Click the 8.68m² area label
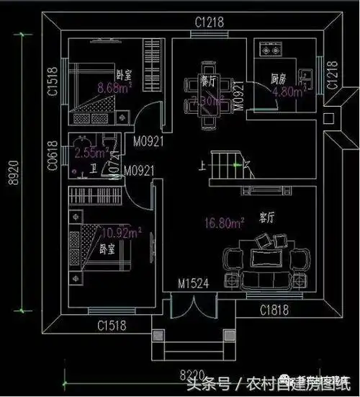tap(113, 88)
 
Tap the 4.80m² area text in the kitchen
tap(293, 92)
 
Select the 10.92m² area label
tap(121, 233)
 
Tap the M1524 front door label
tap(193, 284)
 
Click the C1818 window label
tap(274, 311)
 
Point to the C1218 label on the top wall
tap(209, 22)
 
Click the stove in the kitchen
tap(272, 51)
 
